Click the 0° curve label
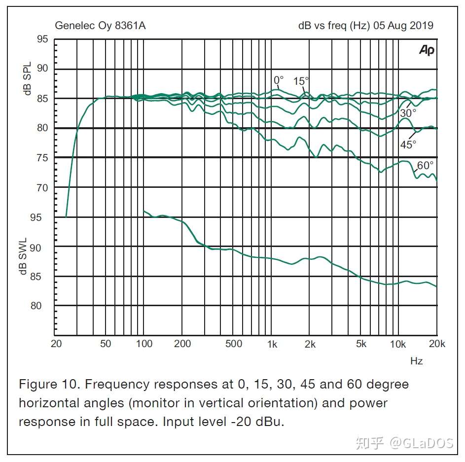(279, 80)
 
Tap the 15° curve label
(301, 81)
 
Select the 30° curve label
(408, 113)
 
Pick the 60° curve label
(425, 166)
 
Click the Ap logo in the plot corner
(427, 50)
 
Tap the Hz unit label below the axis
(416, 361)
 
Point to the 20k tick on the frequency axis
(437, 344)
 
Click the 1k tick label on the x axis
(272, 344)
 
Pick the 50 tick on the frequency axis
(106, 344)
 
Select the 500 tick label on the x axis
(234, 344)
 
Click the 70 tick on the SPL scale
(42, 188)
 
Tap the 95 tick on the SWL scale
(42, 217)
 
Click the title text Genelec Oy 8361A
(100, 26)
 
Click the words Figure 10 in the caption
(47, 384)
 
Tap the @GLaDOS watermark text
(421, 443)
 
